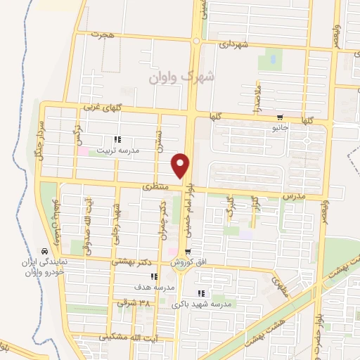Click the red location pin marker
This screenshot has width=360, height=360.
(x=181, y=165)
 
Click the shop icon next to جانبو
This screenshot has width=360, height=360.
(x=280, y=117)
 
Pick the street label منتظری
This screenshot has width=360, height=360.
(x=156, y=187)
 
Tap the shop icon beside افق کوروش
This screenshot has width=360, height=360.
(x=188, y=251)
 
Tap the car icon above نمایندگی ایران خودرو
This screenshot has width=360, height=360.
(x=44, y=251)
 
